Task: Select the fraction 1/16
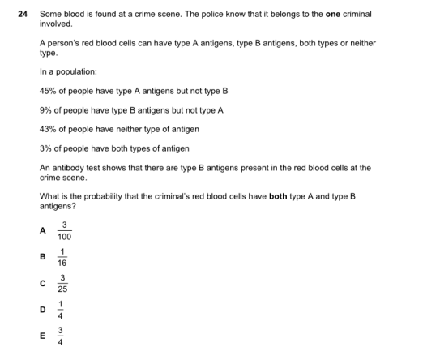point(64,258)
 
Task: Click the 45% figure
point(47,91)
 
